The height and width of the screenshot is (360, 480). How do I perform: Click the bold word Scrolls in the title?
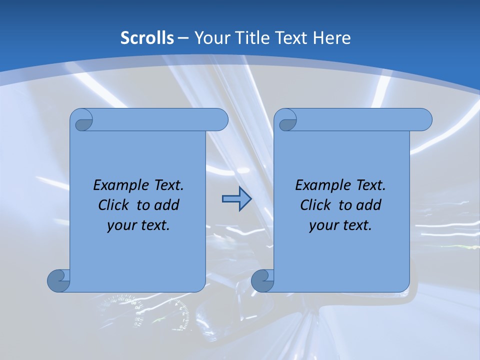pyautogui.click(x=147, y=38)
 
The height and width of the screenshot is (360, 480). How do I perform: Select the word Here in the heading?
pyautogui.click(x=332, y=38)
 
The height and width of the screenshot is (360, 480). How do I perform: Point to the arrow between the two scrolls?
pyautogui.click(x=236, y=199)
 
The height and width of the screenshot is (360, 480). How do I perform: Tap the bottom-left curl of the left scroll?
pyautogui.click(x=58, y=280)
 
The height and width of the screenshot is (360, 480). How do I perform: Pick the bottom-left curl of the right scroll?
pyautogui.click(x=262, y=280)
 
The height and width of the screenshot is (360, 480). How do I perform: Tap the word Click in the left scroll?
pyautogui.click(x=113, y=205)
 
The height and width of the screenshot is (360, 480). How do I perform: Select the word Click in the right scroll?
pyautogui.click(x=315, y=205)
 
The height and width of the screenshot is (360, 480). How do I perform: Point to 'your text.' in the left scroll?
pyautogui.click(x=138, y=225)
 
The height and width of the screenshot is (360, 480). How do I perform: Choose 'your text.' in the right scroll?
pyautogui.click(x=340, y=225)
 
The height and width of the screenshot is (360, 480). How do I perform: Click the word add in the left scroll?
pyautogui.click(x=167, y=205)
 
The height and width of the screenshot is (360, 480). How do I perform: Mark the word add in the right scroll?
pyautogui.click(x=369, y=205)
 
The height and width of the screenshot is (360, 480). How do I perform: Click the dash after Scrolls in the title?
pyautogui.click(x=183, y=38)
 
